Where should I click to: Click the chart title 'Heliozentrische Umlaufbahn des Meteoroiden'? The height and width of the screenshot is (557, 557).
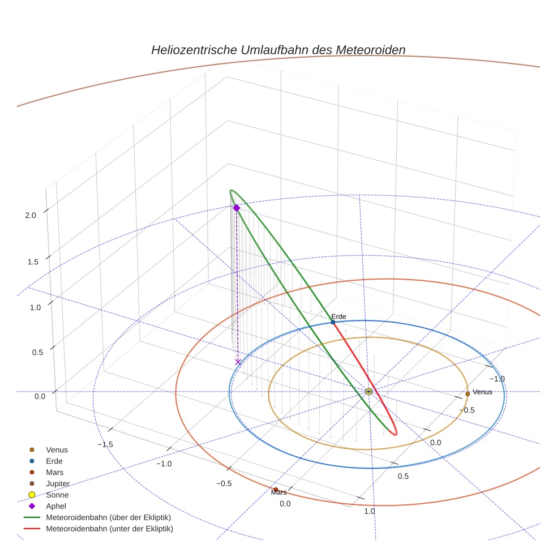(x=278, y=50)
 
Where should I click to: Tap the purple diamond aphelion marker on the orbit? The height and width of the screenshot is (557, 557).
(x=237, y=208)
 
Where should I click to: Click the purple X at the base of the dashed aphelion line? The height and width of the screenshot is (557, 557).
(x=238, y=362)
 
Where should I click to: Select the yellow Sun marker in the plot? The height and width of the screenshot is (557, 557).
(x=369, y=392)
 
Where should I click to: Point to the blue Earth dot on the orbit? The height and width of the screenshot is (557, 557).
(x=333, y=322)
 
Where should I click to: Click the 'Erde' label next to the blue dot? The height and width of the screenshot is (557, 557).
(x=339, y=316)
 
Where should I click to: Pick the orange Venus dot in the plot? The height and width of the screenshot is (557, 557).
(x=468, y=393)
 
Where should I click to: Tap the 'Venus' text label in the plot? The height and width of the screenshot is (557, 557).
(x=482, y=392)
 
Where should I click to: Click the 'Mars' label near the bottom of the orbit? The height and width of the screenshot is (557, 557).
(x=279, y=492)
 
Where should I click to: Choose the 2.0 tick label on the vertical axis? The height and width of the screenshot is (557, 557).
(x=31, y=215)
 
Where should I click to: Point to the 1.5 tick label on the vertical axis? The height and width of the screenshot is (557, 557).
(x=33, y=262)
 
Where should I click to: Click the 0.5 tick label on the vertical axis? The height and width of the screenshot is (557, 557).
(x=38, y=353)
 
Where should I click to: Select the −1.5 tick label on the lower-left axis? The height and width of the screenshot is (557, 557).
(x=105, y=444)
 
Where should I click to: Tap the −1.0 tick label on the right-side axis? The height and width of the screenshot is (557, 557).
(x=497, y=379)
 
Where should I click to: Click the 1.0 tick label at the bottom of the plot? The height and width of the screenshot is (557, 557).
(x=370, y=511)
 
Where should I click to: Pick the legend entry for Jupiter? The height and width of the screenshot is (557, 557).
(x=50, y=483)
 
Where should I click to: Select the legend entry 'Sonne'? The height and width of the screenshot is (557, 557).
(x=49, y=495)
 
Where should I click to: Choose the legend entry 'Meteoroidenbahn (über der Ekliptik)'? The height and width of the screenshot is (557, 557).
(x=98, y=517)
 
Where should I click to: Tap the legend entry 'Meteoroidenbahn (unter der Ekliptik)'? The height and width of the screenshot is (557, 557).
(x=98, y=529)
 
